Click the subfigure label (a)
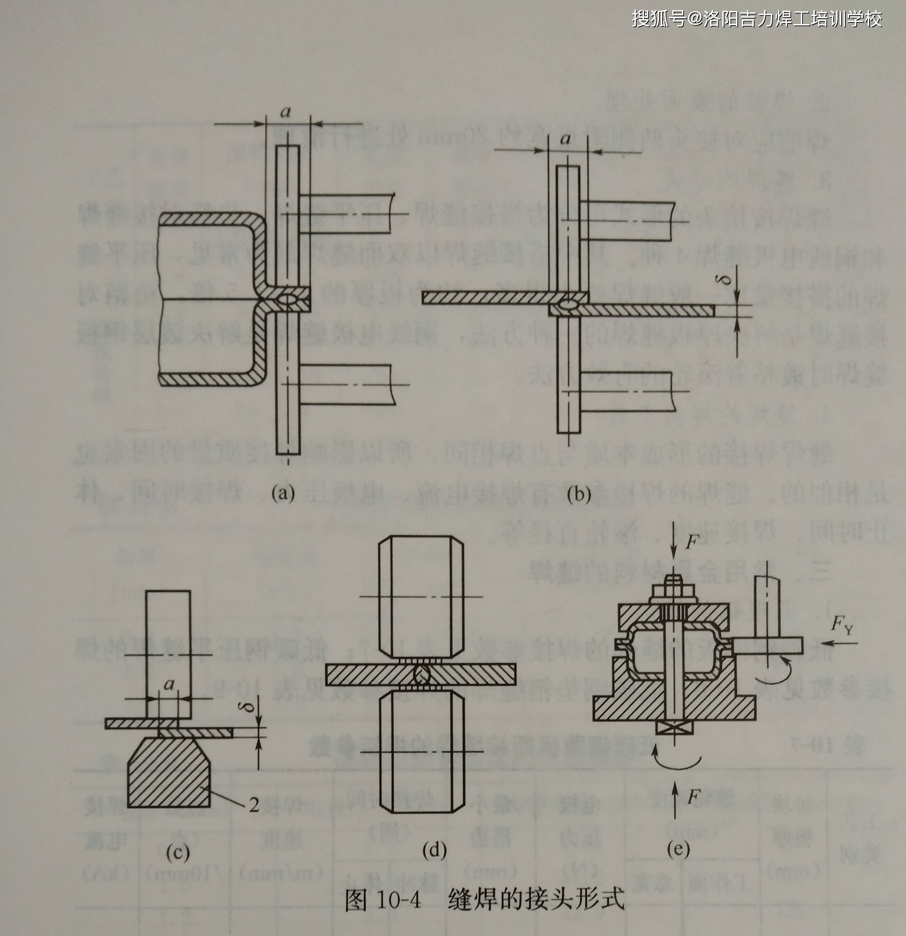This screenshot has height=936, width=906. click(x=283, y=492)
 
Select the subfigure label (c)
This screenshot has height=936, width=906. click(x=177, y=852)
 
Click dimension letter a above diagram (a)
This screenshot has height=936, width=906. click(x=285, y=112)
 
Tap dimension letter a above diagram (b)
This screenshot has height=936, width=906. click(x=566, y=140)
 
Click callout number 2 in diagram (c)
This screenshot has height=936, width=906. click(x=254, y=805)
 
